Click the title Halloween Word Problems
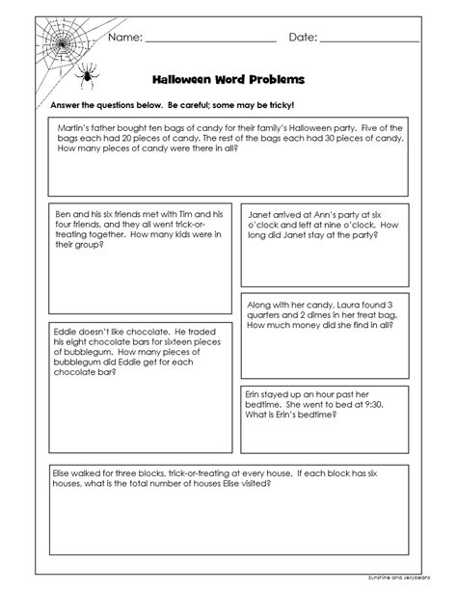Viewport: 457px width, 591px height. (x=228, y=80)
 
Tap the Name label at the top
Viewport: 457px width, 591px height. (x=125, y=38)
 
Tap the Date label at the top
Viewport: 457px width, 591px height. (x=301, y=38)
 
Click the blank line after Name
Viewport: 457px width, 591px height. (x=210, y=41)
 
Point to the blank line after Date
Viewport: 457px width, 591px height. (x=368, y=41)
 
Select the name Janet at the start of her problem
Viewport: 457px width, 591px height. (x=263, y=212)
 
